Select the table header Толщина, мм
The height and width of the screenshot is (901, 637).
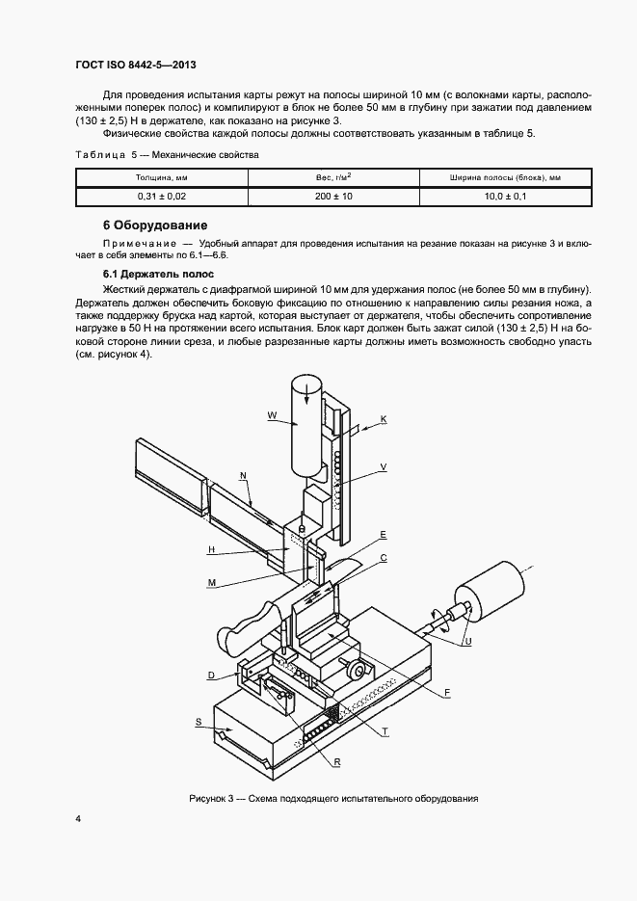pyautogui.click(x=161, y=178)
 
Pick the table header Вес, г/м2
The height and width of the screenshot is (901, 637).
pyautogui.click(x=333, y=178)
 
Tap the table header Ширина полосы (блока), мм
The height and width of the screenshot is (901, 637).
pyautogui.click(x=505, y=178)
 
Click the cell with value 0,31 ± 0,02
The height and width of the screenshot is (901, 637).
pyautogui.click(x=161, y=196)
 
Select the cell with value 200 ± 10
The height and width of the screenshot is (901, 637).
pyautogui.click(x=333, y=196)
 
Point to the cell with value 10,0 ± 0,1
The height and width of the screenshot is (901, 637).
pyautogui.click(x=505, y=196)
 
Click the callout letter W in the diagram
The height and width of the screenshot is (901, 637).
pyautogui.click(x=272, y=416)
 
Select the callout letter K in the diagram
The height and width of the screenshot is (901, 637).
pyautogui.click(x=383, y=418)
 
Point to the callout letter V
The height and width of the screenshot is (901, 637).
pyautogui.click(x=383, y=466)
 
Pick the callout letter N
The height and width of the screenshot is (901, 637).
pyautogui.click(x=243, y=475)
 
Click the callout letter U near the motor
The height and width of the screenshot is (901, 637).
pyautogui.click(x=467, y=640)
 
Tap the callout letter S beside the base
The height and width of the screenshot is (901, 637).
pyautogui.click(x=198, y=721)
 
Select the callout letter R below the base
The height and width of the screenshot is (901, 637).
pyautogui.click(x=337, y=761)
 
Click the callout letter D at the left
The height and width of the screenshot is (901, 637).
pyautogui.click(x=210, y=676)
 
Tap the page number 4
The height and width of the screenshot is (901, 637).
pyautogui.click(x=78, y=820)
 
